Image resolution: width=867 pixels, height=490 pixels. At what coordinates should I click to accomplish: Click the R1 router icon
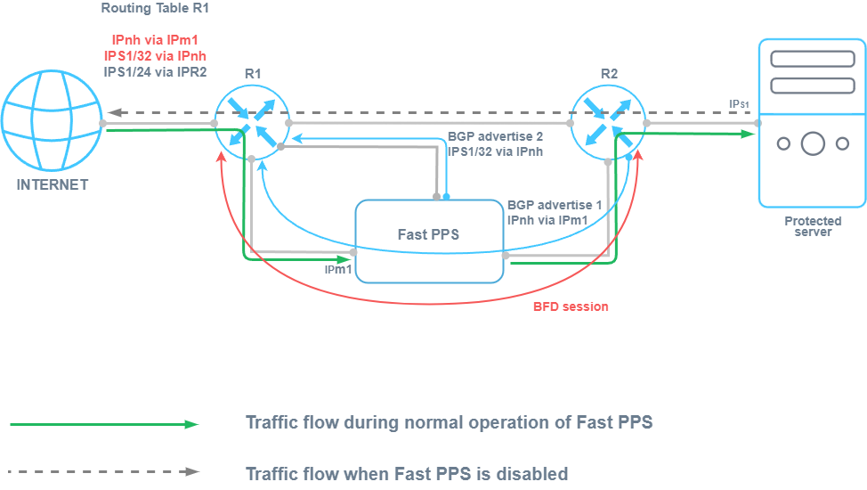[x=251, y=121]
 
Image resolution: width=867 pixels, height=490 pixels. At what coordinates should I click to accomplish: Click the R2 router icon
[x=608, y=121]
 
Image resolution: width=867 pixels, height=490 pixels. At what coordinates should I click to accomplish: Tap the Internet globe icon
[x=52, y=122]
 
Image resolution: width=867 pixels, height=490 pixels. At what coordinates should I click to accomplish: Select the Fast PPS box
[x=430, y=241]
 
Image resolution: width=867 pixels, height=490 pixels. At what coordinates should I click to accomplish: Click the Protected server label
[x=813, y=226]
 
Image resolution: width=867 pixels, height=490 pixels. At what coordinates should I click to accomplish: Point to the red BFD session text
[x=571, y=306]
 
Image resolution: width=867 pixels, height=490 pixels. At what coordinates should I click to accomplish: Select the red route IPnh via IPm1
[x=155, y=41]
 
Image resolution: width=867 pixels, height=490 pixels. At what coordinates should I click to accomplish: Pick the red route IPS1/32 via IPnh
[x=155, y=56]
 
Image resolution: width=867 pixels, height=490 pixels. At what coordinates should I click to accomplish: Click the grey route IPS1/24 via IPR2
[x=155, y=71]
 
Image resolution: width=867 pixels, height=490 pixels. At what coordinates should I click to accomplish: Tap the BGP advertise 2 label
[x=494, y=138]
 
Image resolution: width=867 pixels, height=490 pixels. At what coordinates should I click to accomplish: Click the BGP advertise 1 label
[x=554, y=204]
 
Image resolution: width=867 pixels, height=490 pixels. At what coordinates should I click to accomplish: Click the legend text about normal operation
[x=449, y=422]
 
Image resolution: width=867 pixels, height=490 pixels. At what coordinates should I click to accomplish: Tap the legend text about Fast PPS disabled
[x=407, y=473]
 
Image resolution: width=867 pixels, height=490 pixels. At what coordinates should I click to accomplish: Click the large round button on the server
[x=812, y=143]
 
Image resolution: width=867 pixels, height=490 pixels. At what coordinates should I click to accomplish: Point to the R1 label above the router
[x=252, y=74]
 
